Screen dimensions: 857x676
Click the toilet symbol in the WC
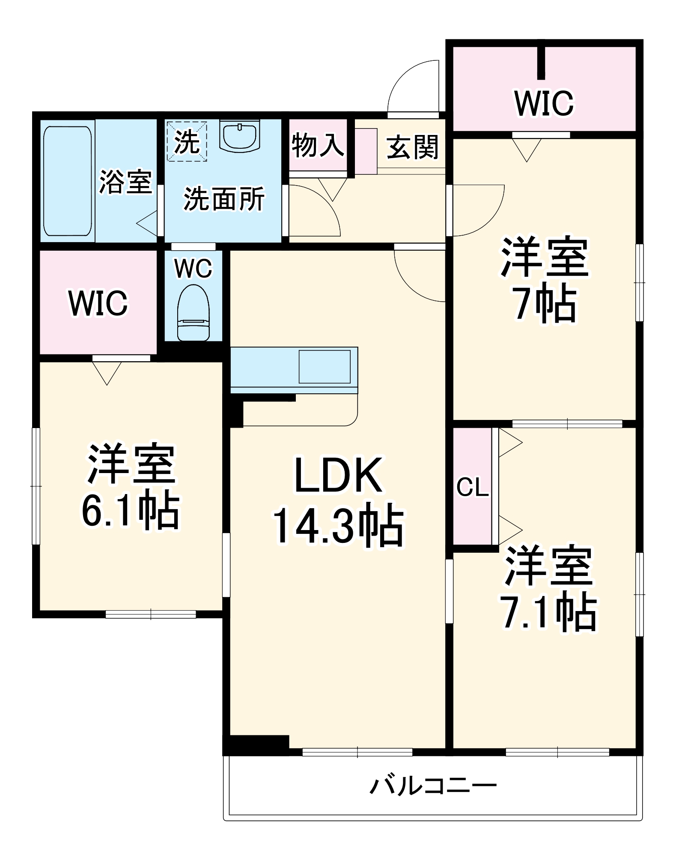(x=194, y=313)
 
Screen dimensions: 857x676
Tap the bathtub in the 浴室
(x=68, y=181)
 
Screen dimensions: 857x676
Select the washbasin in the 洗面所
(x=240, y=136)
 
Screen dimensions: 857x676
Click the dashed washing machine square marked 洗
(x=187, y=141)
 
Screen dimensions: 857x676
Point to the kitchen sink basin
(x=325, y=367)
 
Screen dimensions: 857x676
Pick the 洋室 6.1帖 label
(x=131, y=488)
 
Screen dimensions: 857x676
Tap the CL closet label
(x=472, y=487)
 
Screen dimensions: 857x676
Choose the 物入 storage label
(x=318, y=146)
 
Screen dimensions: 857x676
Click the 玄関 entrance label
(x=412, y=147)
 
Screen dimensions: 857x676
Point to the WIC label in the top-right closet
(x=544, y=104)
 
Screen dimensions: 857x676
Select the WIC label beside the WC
(x=98, y=303)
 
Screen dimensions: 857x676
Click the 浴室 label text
(x=125, y=182)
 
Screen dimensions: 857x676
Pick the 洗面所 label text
(x=224, y=199)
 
